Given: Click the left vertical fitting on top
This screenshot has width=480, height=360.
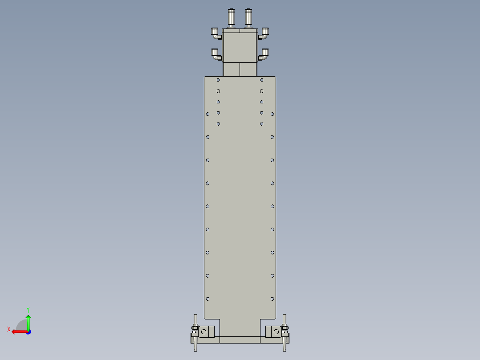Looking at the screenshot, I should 231,17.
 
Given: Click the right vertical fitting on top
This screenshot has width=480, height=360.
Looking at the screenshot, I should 248,17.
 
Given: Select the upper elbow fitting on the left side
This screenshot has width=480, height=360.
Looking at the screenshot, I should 216,33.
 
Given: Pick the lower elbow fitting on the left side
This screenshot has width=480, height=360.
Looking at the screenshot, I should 216,54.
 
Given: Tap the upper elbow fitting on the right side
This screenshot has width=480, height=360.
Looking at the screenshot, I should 264,33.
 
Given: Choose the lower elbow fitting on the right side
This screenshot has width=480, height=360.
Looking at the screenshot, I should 264,54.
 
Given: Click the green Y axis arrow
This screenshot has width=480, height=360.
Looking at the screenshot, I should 28,321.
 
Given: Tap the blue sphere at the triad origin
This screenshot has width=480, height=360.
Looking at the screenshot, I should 28,331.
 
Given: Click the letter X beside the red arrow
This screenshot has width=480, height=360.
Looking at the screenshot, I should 8,330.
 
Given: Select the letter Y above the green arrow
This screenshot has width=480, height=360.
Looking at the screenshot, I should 28,309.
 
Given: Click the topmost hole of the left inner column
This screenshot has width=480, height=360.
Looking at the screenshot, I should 218,80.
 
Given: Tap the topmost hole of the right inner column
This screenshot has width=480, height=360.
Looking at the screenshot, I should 262,80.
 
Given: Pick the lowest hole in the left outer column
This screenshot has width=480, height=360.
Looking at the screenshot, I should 207,299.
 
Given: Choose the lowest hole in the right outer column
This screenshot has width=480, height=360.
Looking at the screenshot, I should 273,299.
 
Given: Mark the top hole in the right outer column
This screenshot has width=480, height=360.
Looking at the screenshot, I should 273,114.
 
